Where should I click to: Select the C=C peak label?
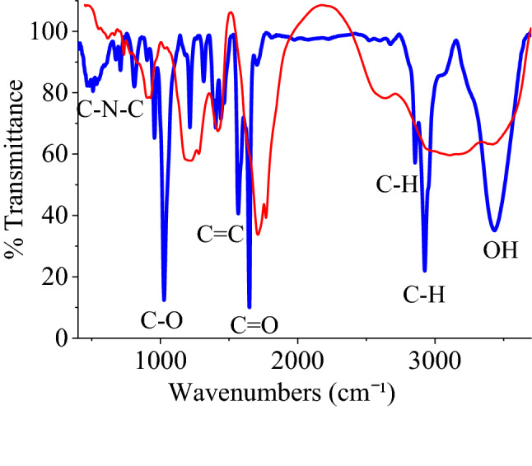click(220, 235)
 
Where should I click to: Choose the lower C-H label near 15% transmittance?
click(424, 294)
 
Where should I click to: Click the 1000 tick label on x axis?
click(161, 360)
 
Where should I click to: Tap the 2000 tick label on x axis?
click(297, 360)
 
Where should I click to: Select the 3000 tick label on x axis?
click(434, 360)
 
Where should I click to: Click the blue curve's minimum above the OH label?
click(494, 230)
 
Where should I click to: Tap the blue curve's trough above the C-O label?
click(164, 300)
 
